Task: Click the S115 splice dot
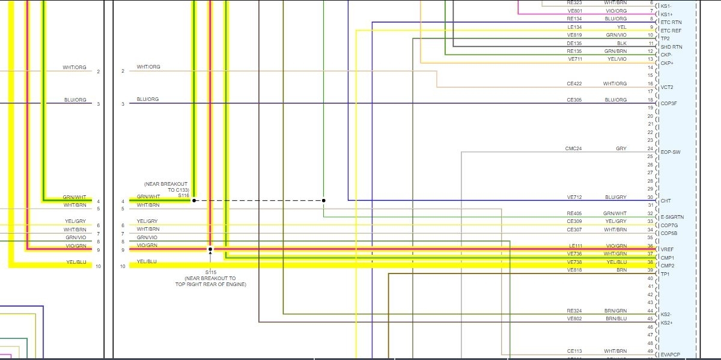pos(210,249)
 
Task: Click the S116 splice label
pos(183,195)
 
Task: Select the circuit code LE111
pos(575,246)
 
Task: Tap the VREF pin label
pos(668,249)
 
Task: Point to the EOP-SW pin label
pos(671,152)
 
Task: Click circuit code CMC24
pos(573,148)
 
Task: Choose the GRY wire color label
pos(621,148)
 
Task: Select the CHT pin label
pos(666,201)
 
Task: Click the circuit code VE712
pos(574,197)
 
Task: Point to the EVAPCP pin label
pos(670,355)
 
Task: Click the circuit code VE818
pos(574,270)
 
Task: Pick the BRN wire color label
pos(621,270)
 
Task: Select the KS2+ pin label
pos(666,323)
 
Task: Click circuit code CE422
pos(574,84)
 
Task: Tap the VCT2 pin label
pos(667,87)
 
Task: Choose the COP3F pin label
pos(669,103)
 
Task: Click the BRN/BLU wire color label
pos(616,319)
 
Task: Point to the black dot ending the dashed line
pos(323,201)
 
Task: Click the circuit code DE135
pos(574,43)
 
